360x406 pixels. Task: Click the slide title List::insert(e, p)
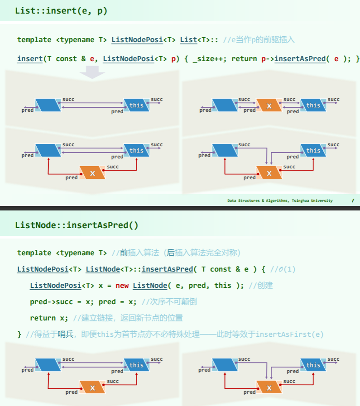(61, 10)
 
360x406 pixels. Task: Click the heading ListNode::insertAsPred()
(77, 225)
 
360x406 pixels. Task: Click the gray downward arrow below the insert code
(92, 72)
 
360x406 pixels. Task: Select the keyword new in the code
(122, 285)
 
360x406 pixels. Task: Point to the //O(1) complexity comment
(283, 269)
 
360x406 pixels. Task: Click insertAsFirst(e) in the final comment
(290, 334)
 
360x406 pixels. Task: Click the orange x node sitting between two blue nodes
(269, 105)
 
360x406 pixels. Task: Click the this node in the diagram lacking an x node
(136, 105)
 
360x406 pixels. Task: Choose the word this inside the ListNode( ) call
(223, 285)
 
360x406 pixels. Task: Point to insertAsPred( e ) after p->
(308, 59)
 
